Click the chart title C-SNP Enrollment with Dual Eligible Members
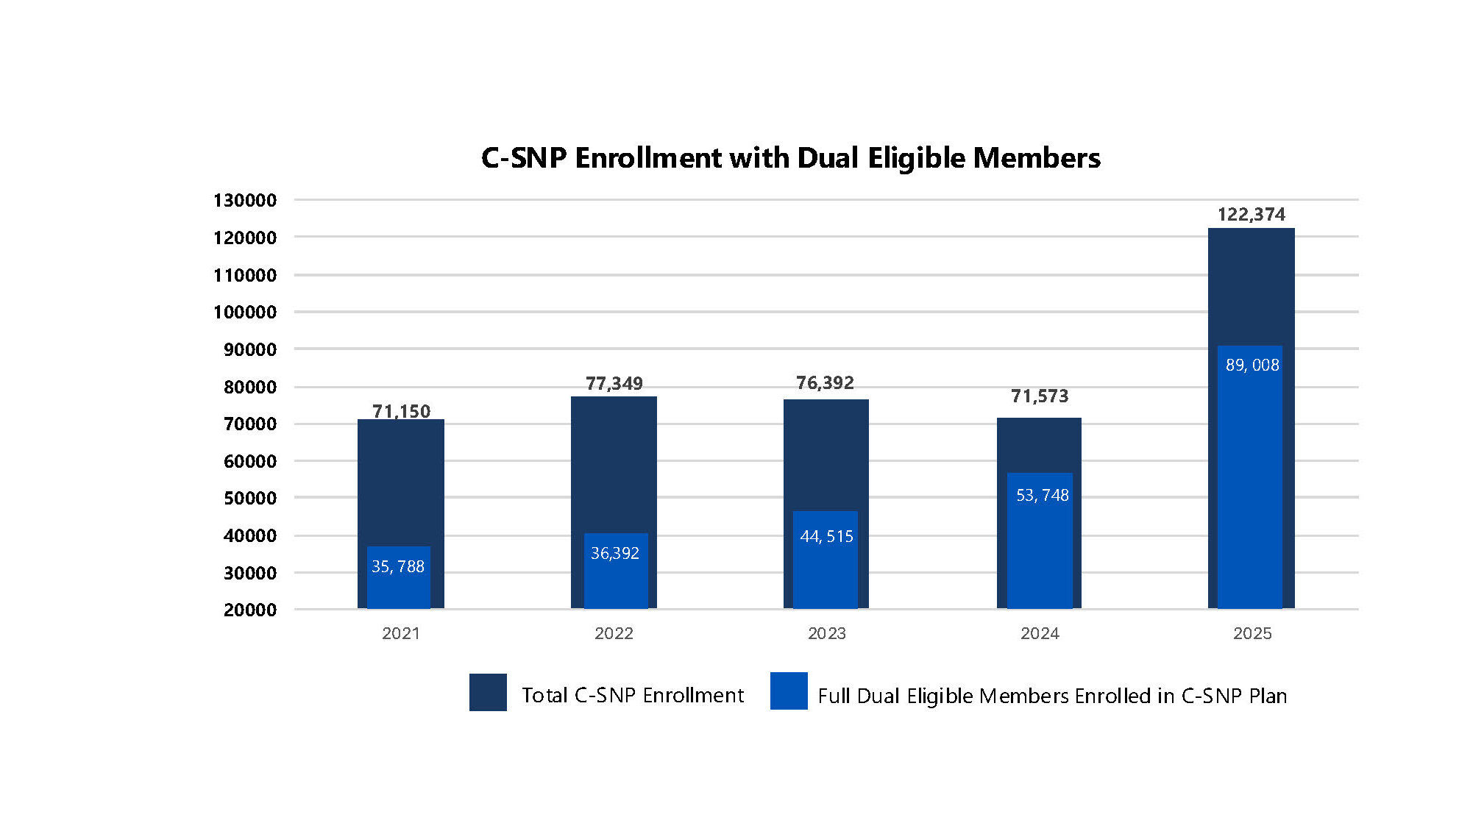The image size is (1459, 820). click(x=790, y=158)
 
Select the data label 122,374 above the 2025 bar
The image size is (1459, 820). click(x=1251, y=215)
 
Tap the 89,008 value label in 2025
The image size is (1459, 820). click(x=1252, y=365)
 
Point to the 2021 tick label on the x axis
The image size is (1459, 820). click(x=401, y=633)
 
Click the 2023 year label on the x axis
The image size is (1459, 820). click(x=826, y=633)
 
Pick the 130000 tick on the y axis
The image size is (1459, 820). click(x=245, y=200)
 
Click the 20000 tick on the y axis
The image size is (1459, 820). click(x=250, y=610)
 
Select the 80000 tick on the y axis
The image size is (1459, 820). click(x=250, y=387)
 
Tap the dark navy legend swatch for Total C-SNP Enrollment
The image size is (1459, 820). click(x=488, y=692)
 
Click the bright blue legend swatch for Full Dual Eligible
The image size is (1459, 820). click(x=789, y=691)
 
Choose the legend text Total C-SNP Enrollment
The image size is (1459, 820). click(x=633, y=695)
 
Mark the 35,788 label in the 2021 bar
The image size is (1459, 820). click(x=398, y=566)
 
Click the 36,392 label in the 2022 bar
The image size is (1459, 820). click(x=615, y=553)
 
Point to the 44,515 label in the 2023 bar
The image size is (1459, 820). click(x=826, y=537)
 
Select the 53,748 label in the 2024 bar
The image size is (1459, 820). click(x=1042, y=496)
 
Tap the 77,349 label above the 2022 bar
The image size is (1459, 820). click(x=614, y=383)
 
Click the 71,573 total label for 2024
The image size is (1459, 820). click(x=1040, y=396)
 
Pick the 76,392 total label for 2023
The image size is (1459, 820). click(x=825, y=382)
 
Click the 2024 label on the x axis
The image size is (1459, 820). click(x=1040, y=633)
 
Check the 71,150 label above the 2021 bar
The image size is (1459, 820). click(x=401, y=411)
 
